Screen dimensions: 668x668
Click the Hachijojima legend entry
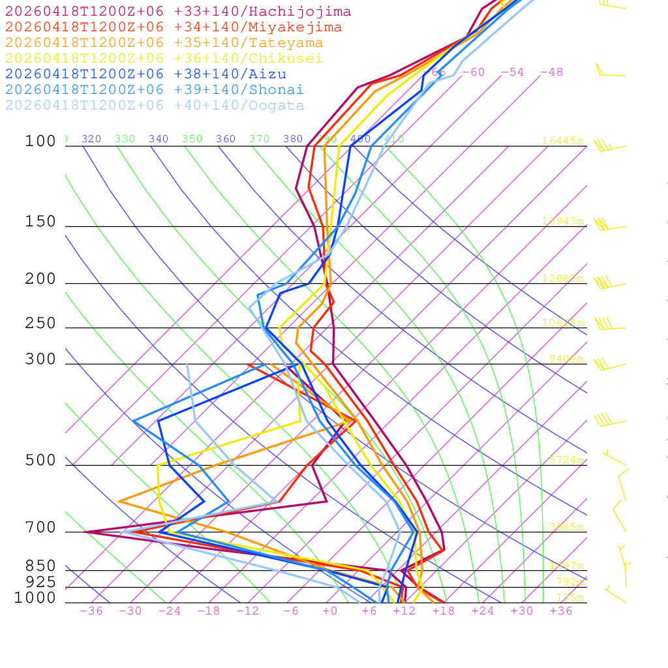[178, 12]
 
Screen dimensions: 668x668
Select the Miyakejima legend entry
[174, 27]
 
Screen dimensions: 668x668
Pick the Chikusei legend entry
[164, 59]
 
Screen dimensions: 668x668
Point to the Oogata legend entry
[155, 106]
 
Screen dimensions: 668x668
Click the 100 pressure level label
[40, 142]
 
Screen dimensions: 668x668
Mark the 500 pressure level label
[40, 461]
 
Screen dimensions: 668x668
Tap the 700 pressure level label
[40, 528]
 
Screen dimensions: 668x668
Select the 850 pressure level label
[40, 566]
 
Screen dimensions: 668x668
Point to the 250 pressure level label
[40, 324]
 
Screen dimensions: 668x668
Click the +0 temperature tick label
[330, 611]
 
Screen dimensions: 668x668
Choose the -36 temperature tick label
[91, 611]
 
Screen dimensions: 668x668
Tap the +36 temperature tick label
[561, 611]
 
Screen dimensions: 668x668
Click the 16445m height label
[563, 141]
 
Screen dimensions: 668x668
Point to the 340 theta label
[159, 139]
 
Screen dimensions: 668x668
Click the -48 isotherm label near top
[551, 72]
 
